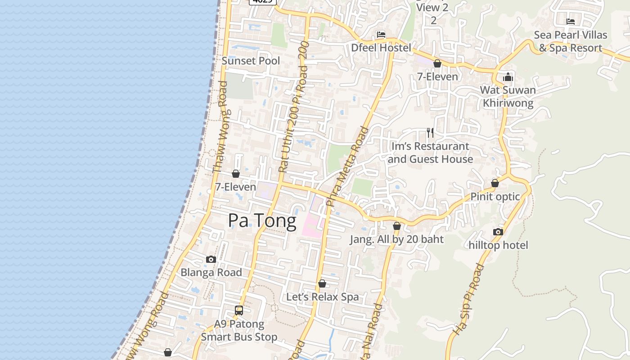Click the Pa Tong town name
262,221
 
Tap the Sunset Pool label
251,61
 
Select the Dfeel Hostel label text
381,48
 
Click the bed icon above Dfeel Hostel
381,35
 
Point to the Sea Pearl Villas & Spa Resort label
570,41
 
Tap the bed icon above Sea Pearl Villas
571,22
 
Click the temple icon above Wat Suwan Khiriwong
508,77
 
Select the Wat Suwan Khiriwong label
508,96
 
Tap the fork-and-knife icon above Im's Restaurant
430,132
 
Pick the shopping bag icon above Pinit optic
495,183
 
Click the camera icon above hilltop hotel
498,232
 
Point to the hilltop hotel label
498,245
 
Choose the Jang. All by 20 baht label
397,239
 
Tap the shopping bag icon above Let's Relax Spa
322,284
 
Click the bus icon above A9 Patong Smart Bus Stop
239,310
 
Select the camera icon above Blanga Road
211,259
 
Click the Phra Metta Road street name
347,167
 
